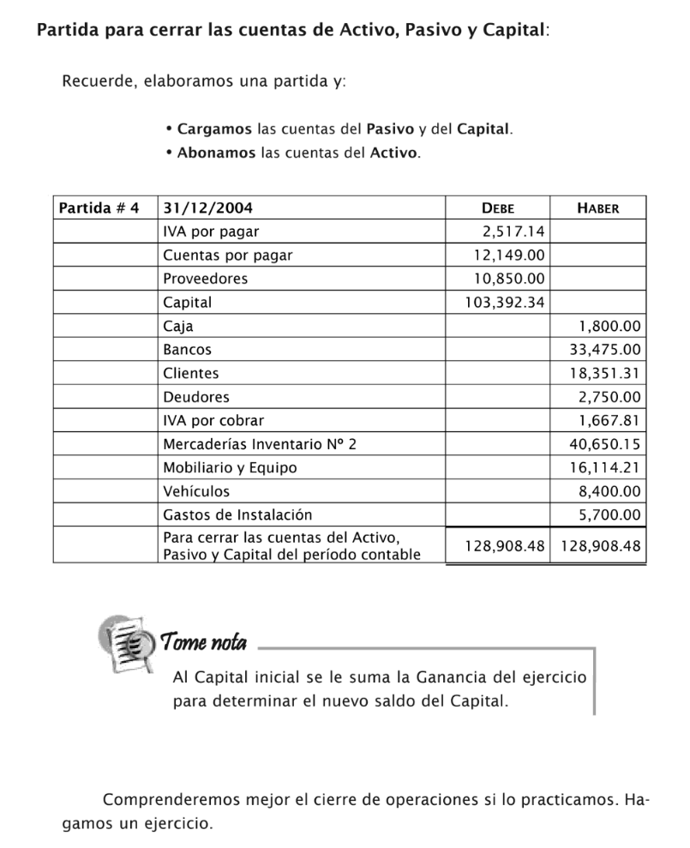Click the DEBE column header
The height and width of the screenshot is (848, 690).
pyautogui.click(x=497, y=207)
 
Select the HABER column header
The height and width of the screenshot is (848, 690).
pyautogui.click(x=597, y=207)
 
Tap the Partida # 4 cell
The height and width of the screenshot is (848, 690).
pyautogui.click(x=98, y=207)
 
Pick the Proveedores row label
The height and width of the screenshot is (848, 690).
pyautogui.click(x=205, y=279)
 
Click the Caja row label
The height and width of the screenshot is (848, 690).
pyautogui.click(x=178, y=326)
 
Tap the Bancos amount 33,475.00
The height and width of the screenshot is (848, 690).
pyautogui.click(x=605, y=350)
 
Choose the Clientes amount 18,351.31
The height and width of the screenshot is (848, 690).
pyautogui.click(x=605, y=373)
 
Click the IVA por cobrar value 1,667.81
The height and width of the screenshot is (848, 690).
pyautogui.click(x=609, y=420)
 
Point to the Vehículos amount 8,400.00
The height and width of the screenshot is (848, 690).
pyautogui.click(x=609, y=491)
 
